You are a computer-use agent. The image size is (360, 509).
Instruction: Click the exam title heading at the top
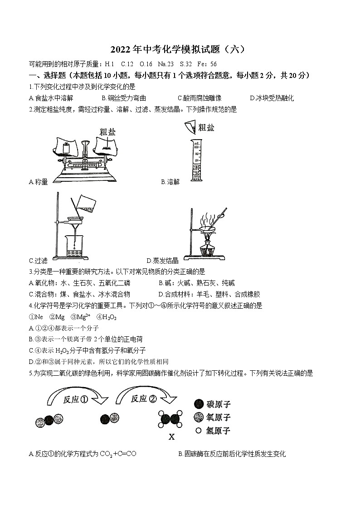coord(180,50)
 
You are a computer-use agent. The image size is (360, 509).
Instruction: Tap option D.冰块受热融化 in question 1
coord(272,98)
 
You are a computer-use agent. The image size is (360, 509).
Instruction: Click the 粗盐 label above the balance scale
coord(108,132)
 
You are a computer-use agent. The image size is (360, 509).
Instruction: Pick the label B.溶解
coord(170,182)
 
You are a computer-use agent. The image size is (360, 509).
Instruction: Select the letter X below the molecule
coord(171,437)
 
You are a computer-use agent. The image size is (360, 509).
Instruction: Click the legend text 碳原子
coord(219,404)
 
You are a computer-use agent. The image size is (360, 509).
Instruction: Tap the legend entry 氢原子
coord(219,431)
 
